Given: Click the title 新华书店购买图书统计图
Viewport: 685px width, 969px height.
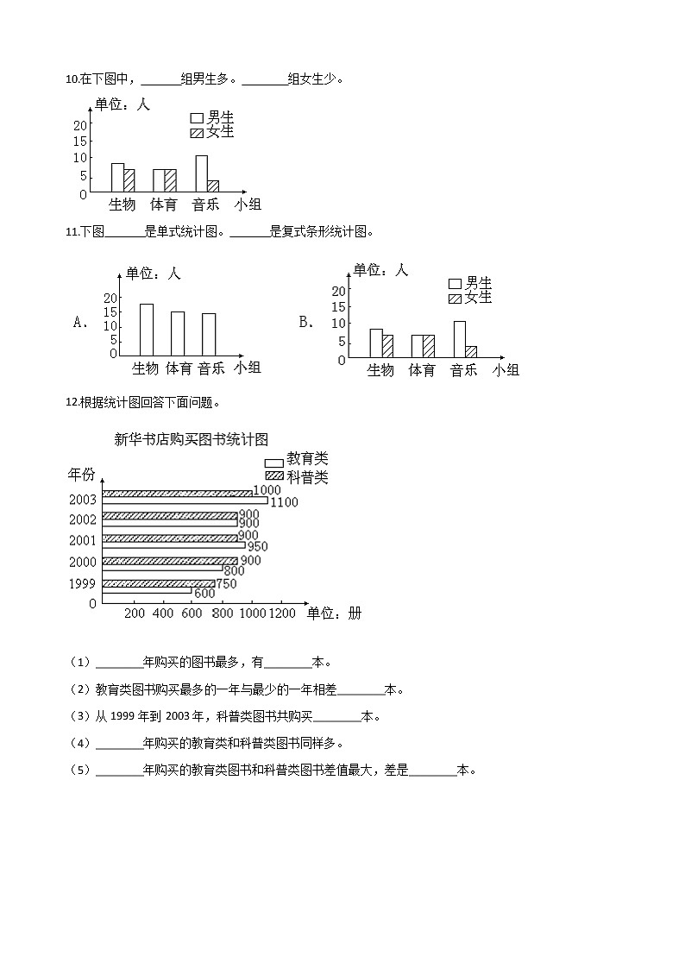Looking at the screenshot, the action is point(192,439).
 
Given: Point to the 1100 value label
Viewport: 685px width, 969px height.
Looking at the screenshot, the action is point(284,501).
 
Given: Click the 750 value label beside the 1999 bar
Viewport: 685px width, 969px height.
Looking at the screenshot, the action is point(226,583).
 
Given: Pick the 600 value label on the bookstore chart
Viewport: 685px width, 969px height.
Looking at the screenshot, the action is point(204,594).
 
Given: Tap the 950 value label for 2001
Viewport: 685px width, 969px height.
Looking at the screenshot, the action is point(257,546).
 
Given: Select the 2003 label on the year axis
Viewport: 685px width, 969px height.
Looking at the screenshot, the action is point(83,500).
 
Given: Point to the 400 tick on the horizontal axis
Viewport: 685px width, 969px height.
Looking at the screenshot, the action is point(163,613).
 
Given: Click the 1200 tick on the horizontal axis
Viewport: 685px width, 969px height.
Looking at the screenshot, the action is point(281,613).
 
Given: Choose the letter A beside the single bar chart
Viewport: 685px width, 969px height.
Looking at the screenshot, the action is point(82,323).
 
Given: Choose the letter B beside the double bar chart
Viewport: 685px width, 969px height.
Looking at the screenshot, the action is point(306,322).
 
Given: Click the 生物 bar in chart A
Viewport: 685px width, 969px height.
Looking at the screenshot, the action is point(147,329).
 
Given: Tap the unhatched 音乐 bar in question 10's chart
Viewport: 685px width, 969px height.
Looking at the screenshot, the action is point(201,173).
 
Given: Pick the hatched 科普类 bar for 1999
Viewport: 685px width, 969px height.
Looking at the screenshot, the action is point(159,583).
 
